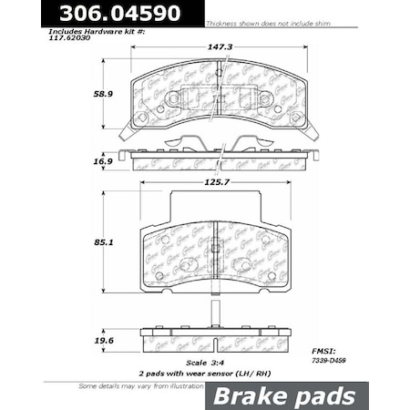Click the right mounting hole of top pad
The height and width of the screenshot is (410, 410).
(x=295, y=118)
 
